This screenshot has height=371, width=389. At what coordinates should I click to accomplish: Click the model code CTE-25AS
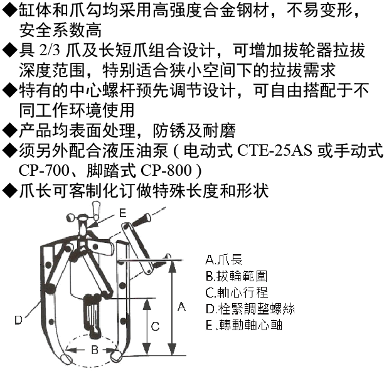(274, 151)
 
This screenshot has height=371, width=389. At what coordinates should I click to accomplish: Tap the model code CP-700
(44, 171)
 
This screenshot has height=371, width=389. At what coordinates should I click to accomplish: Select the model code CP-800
(166, 171)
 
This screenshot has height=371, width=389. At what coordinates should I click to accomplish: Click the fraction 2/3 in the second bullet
(50, 50)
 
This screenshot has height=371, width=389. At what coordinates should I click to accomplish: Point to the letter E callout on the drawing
(122, 213)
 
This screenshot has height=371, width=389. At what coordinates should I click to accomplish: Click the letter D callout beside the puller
(19, 320)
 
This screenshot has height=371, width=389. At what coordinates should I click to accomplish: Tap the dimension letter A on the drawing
(181, 307)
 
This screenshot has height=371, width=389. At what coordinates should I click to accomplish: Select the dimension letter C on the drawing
(156, 326)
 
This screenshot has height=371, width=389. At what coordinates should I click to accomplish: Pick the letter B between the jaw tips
(95, 350)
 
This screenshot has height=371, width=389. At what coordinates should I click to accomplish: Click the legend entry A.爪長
(224, 260)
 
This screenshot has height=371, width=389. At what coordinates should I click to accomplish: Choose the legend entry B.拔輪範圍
(237, 276)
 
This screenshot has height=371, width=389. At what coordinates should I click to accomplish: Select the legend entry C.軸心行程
(237, 293)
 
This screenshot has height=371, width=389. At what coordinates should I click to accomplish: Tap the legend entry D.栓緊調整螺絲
(250, 309)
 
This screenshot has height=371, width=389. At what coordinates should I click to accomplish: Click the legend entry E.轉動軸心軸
(244, 325)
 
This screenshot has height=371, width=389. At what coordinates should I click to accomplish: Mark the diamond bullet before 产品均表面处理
(9, 131)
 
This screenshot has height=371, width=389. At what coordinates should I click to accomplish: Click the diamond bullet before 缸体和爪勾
(9, 10)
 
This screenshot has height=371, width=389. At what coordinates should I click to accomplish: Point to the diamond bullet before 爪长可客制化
(9, 191)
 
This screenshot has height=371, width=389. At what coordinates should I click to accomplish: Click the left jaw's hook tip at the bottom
(67, 358)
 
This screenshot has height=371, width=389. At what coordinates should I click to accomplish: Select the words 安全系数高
(60, 30)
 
